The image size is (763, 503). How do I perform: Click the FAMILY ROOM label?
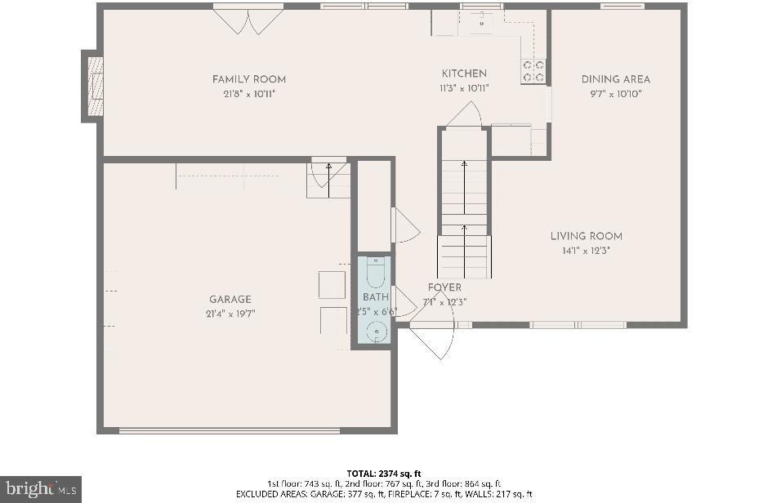249,79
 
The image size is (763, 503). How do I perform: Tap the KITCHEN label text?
464,73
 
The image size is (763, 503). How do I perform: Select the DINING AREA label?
616,79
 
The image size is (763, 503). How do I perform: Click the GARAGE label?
230,300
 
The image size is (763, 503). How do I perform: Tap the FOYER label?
444,287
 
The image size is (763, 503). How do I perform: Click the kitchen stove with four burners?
533,71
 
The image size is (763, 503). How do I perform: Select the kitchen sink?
481,20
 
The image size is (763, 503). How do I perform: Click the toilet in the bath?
376,272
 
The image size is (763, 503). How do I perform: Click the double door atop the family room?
248,20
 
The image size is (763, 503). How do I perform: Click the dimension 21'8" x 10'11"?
249,94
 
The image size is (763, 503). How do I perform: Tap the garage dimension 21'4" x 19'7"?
230,314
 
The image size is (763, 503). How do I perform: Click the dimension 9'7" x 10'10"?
616,94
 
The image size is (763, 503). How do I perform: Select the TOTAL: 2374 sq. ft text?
383,473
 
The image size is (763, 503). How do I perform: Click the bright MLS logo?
40,489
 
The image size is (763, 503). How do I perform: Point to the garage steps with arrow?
328,179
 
